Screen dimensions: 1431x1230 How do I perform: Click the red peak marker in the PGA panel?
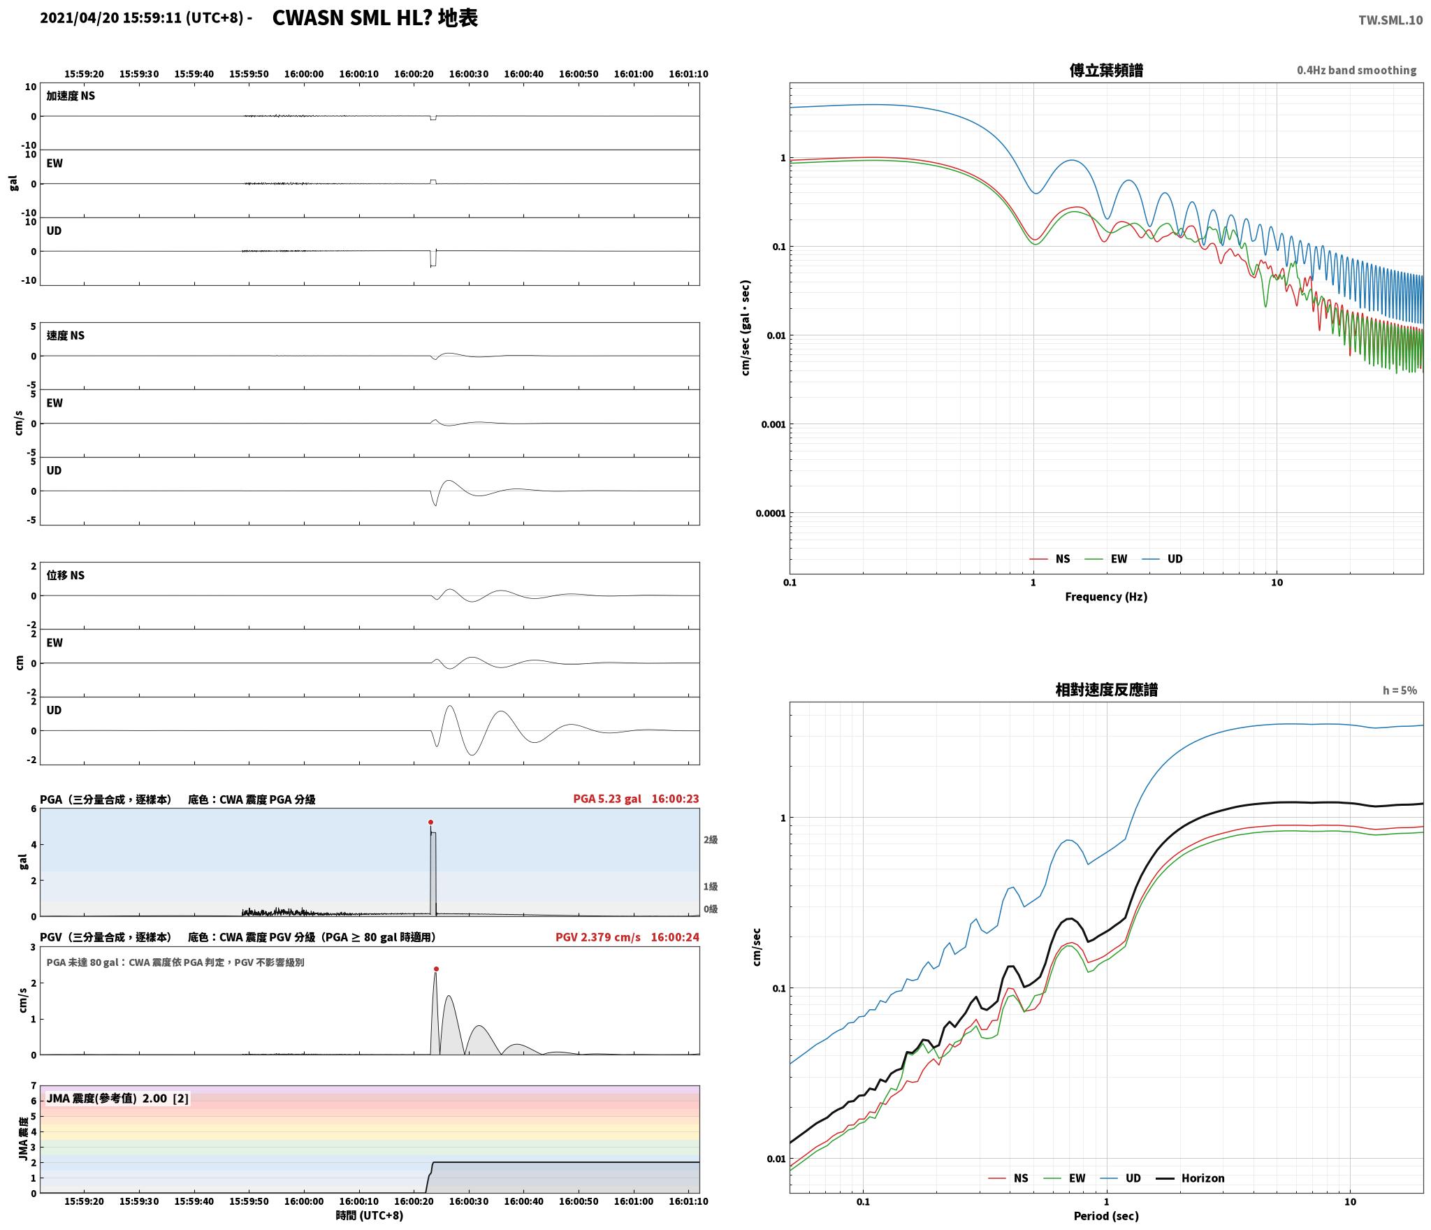(430, 822)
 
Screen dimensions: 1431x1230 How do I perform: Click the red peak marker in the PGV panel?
(436, 969)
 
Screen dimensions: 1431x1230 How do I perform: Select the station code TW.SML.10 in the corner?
(1390, 20)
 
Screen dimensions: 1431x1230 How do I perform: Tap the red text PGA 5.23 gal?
(606, 799)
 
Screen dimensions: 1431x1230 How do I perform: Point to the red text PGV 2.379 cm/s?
(597, 937)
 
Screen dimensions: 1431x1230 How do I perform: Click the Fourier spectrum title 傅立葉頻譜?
(1106, 71)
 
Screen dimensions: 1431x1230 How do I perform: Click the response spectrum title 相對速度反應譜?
(1106, 690)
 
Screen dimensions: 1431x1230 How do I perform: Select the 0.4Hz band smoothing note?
(1356, 71)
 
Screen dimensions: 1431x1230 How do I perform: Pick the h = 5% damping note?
(1400, 690)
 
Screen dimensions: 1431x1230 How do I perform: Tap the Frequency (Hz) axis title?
(1106, 597)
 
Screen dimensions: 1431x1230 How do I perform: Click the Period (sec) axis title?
(1106, 1216)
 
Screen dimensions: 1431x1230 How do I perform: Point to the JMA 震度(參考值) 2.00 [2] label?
(117, 1099)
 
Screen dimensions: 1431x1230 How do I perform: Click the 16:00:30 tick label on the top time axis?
(469, 74)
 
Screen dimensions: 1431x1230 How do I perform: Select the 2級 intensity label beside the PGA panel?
(711, 839)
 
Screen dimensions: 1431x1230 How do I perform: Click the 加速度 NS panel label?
(71, 96)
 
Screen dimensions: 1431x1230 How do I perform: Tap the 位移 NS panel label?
(66, 575)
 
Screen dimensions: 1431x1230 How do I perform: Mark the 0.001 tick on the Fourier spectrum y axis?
(773, 424)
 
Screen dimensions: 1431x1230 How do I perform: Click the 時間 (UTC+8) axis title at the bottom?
(370, 1215)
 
